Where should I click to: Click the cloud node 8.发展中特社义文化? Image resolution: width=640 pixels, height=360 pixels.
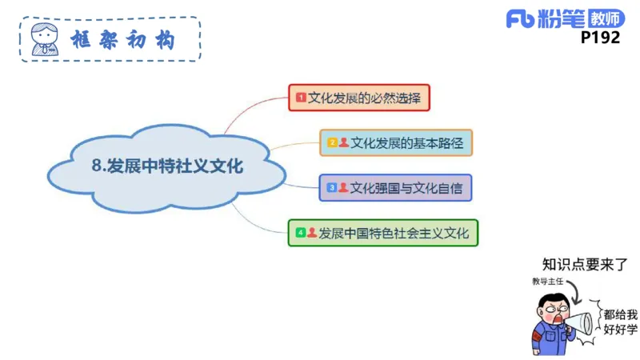click(167, 166)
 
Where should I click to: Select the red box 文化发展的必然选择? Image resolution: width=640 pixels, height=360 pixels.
click(359, 98)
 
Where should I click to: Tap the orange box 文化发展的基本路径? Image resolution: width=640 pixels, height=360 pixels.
click(396, 142)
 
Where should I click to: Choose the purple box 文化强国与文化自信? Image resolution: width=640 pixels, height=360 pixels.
click(395, 188)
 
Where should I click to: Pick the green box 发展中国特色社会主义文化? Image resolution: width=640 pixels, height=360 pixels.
click(383, 233)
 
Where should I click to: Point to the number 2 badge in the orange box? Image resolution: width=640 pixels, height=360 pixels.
click(331, 143)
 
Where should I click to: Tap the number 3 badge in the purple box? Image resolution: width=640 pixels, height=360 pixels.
click(331, 188)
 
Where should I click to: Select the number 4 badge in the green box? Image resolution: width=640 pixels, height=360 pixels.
click(300, 233)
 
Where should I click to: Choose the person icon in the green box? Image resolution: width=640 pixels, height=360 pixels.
click(312, 233)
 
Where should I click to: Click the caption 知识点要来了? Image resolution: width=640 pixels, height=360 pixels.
click(584, 265)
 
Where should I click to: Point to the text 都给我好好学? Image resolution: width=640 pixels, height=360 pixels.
click(620, 322)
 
